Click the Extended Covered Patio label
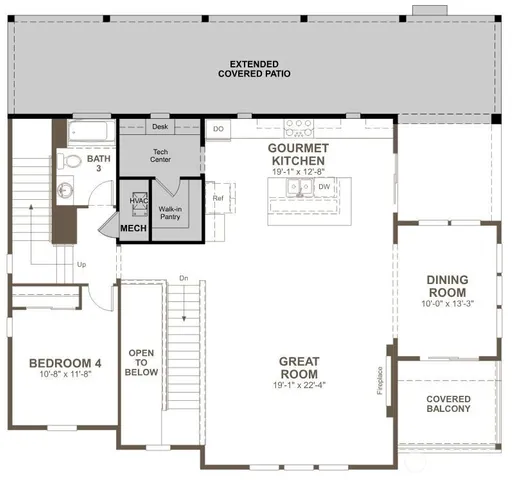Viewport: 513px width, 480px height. pyautogui.click(x=258, y=68)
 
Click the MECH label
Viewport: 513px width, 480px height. pyautogui.click(x=134, y=228)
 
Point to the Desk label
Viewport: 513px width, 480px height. pyautogui.click(x=160, y=127)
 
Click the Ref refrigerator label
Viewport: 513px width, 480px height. pyautogui.click(x=217, y=197)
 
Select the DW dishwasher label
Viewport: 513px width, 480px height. pyautogui.click(x=324, y=187)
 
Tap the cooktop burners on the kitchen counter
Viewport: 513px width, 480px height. pyautogui.click(x=298, y=127)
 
